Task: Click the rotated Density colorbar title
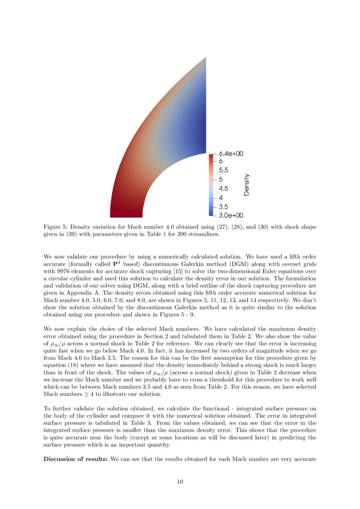pyautogui.click(x=247, y=185)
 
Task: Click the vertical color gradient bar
pyautogui.click(x=211, y=185)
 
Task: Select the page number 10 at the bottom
pyautogui.click(x=180, y=481)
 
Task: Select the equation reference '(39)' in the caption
pyautogui.click(x=65, y=234)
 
